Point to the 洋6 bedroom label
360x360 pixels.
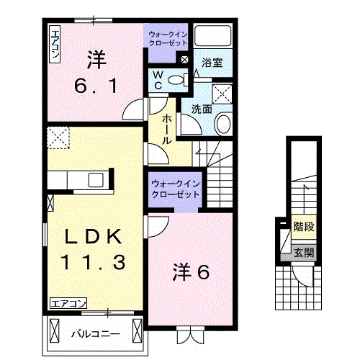[x=190, y=272]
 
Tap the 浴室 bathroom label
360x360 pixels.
[x=212, y=63]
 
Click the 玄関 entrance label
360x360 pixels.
[x=303, y=252]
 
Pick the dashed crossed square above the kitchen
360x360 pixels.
[x=58, y=137]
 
